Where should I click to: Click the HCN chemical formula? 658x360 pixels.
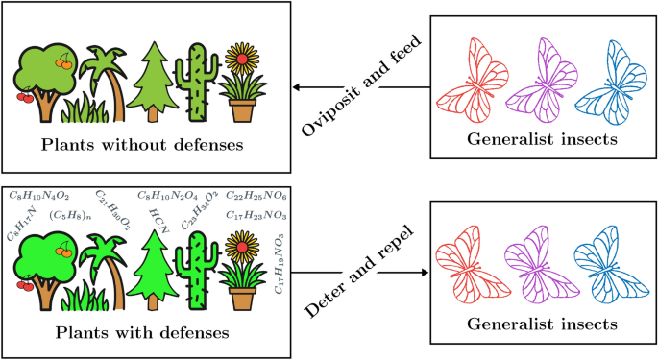[158, 214]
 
